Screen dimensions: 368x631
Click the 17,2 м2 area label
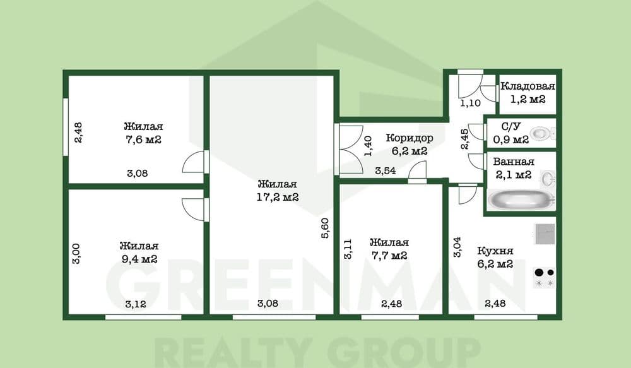tap(278, 197)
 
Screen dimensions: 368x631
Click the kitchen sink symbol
tap(545, 234)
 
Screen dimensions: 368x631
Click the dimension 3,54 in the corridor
tap(386, 170)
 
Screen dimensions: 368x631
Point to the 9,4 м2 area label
tap(138, 259)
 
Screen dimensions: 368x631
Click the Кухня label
tap(495, 250)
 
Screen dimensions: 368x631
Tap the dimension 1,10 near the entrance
tap(469, 104)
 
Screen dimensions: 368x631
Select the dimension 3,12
tap(136, 304)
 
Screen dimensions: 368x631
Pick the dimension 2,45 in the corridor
tap(465, 138)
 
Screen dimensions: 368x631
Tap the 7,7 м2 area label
tap(389, 256)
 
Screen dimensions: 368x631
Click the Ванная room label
tap(514, 162)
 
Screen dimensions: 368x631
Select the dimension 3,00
tap(76, 254)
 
